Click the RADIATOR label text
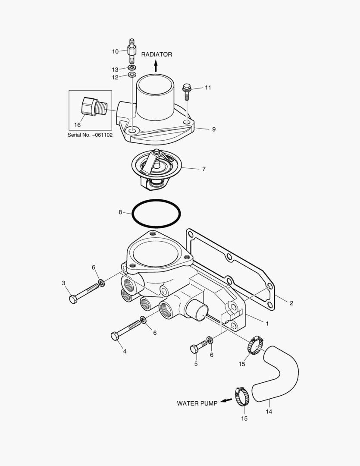(157, 54)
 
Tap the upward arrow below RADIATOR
(156, 66)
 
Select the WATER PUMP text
(197, 403)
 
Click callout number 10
(115, 51)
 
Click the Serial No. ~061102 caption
(90, 135)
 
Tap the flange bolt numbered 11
(187, 89)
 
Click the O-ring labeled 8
(156, 214)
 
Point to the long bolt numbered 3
(86, 293)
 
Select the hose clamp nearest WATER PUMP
(242, 396)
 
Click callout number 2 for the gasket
(291, 303)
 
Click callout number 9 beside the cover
(214, 129)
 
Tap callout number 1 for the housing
(267, 323)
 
